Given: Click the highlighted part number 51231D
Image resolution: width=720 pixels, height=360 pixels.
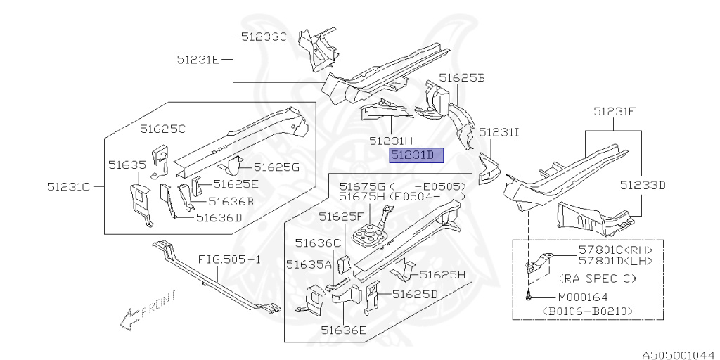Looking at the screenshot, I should [418, 155].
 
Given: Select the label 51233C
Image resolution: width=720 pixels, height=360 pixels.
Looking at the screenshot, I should [264, 37].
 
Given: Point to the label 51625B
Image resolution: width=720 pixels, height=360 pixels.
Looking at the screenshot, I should [462, 77].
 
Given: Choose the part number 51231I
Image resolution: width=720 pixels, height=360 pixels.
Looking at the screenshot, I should [499, 131].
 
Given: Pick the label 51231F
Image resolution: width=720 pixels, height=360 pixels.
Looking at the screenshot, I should [615, 110].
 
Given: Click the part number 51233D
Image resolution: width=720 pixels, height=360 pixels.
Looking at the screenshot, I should [643, 186].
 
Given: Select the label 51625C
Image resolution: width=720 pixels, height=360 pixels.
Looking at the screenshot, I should [162, 129].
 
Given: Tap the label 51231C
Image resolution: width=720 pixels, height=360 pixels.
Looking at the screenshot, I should [70, 187].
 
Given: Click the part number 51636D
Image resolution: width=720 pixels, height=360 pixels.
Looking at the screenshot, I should [219, 217].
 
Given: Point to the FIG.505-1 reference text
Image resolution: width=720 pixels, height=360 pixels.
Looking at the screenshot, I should [229, 259].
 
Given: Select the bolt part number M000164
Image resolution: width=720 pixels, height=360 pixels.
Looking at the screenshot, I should [583, 297].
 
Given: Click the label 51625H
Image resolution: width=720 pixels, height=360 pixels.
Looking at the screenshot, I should [443, 275].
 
